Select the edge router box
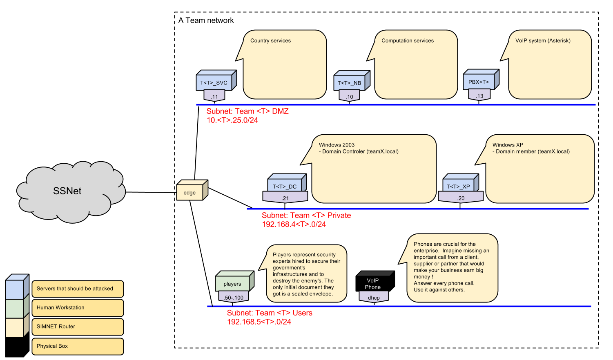190,192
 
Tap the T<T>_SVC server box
214,82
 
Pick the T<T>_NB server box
350,83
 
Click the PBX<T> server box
479,82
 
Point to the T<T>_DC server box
285,186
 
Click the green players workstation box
232,283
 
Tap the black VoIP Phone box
373,283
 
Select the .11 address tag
214,97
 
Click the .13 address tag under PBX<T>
479,96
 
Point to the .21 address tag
285,198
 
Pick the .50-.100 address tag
233,298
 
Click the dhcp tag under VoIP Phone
374,298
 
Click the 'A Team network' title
206,20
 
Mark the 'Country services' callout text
270,41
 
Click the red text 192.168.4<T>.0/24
294,224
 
